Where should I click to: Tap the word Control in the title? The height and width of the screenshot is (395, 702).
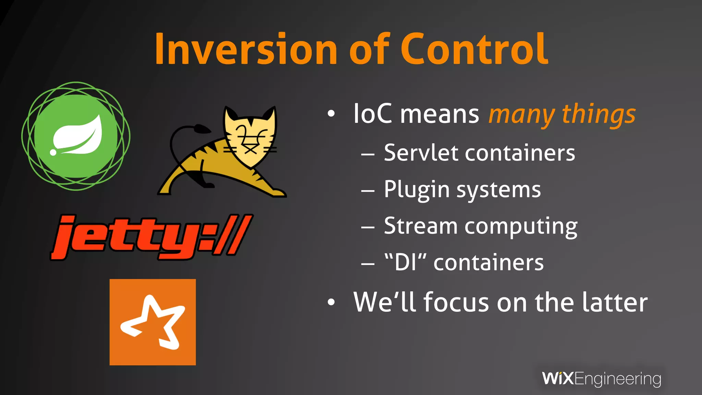pyautogui.click(x=475, y=49)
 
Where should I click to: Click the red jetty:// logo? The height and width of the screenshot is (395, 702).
pyautogui.click(x=151, y=237)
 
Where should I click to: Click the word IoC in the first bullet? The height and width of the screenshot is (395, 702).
pyautogui.click(x=373, y=114)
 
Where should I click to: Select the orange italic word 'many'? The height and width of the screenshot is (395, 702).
pyautogui.click(x=521, y=115)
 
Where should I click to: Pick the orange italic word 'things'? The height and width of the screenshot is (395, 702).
pyautogui.click(x=598, y=115)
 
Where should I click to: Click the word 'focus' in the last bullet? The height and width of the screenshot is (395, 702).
pyautogui.click(x=456, y=302)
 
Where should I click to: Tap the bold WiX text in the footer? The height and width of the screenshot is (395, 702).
pyautogui.click(x=558, y=379)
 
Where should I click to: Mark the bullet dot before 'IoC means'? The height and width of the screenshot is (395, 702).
pyautogui.click(x=331, y=114)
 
